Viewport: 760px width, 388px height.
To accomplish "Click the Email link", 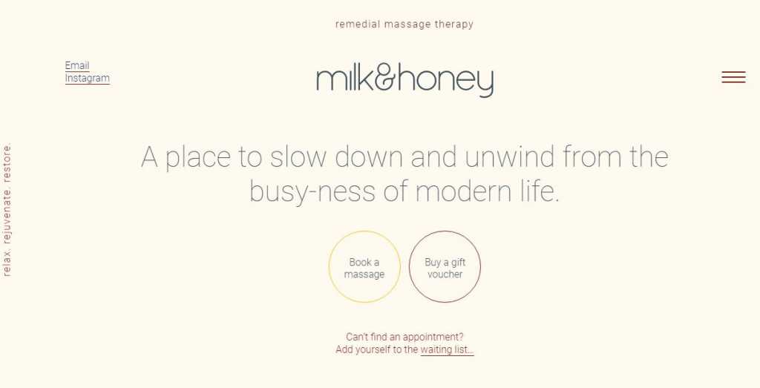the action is click(x=77, y=65).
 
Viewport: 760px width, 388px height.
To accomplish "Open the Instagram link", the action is click(x=88, y=78).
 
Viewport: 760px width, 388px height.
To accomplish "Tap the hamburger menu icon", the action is click(x=733, y=77).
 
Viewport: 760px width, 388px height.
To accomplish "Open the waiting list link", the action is click(x=447, y=349).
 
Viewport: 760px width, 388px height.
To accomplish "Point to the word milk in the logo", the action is click(x=345, y=79).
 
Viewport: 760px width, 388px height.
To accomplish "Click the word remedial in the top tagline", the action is click(x=358, y=24).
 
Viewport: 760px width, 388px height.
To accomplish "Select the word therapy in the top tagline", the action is click(x=453, y=24).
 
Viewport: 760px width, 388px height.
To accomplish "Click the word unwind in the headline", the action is click(x=509, y=157).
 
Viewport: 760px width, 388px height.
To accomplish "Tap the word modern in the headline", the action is click(x=463, y=191).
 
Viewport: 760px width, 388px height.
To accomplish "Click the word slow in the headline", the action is click(x=298, y=157).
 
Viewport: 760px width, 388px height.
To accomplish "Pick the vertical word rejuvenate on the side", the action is click(x=7, y=216).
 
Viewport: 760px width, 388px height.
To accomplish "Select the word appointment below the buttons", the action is click(x=433, y=337).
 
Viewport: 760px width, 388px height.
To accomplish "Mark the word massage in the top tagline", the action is click(x=407, y=24).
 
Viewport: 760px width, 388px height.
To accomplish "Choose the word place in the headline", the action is click(x=197, y=157).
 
